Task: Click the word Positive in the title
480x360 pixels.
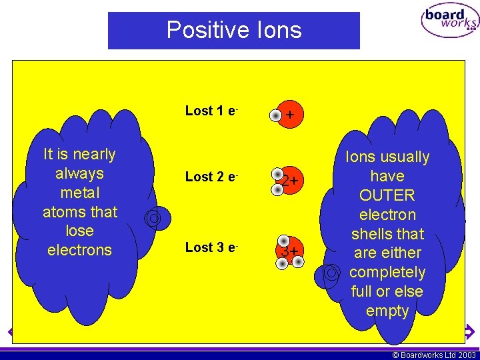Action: (x=203, y=30)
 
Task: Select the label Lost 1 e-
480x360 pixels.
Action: (x=212, y=111)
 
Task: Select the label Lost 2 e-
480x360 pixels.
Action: (x=212, y=177)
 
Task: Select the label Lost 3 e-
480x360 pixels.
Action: (x=212, y=247)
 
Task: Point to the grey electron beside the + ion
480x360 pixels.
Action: (x=275, y=117)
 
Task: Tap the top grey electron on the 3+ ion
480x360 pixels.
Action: (x=284, y=241)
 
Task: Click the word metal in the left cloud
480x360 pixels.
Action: (x=79, y=193)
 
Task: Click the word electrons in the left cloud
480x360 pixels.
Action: (x=79, y=250)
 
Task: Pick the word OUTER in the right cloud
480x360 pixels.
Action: (x=387, y=195)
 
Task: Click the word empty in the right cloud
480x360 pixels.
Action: (x=387, y=311)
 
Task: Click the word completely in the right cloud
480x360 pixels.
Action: (x=387, y=272)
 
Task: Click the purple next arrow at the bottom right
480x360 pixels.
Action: (x=469, y=331)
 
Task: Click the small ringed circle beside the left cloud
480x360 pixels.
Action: (x=153, y=217)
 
